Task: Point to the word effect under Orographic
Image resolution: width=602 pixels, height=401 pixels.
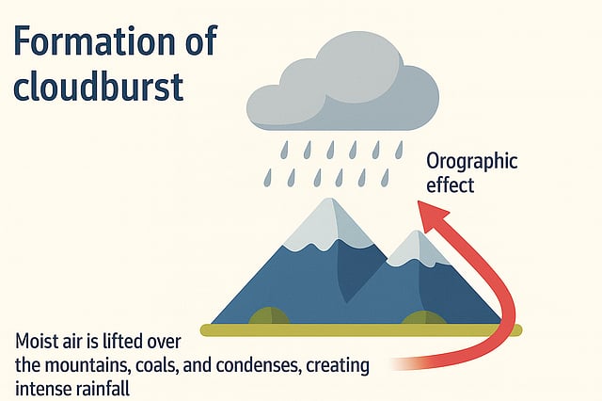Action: pyautogui.click(x=451, y=184)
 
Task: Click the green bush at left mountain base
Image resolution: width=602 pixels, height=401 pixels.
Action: pyautogui.click(x=269, y=317)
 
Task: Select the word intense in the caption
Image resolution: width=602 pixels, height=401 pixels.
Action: pyautogui.click(x=43, y=388)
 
